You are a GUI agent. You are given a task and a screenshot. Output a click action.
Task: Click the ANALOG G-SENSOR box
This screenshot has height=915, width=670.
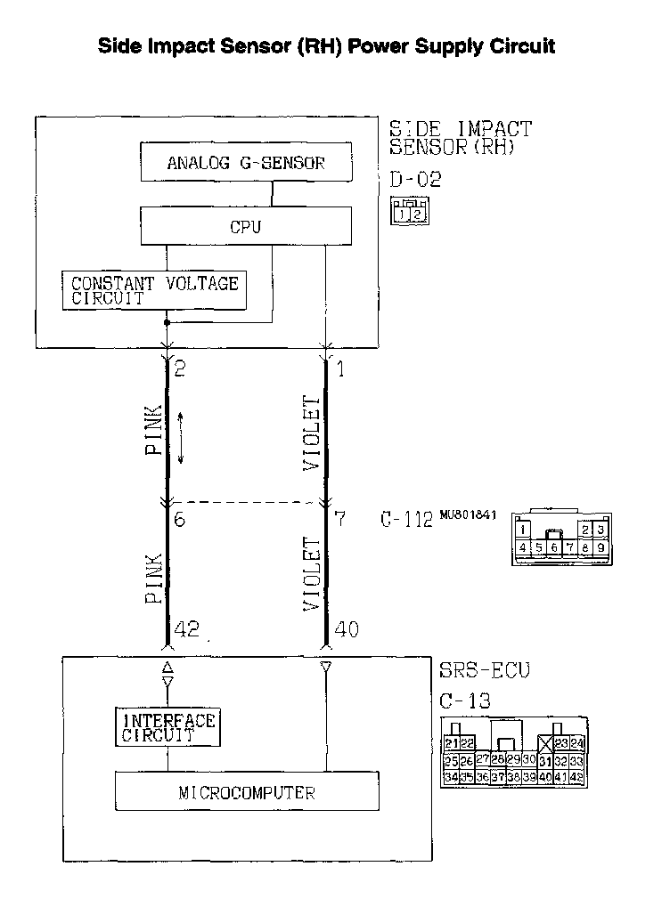click(245, 163)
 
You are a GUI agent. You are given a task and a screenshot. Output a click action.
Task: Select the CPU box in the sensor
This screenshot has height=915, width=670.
click(245, 227)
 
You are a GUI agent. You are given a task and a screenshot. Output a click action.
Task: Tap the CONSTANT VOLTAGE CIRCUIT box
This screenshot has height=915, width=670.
click(154, 290)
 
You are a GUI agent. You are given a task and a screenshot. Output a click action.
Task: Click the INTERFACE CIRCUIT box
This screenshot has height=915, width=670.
click(168, 726)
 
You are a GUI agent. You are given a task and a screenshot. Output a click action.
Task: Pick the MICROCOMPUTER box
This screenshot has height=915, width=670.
click(247, 791)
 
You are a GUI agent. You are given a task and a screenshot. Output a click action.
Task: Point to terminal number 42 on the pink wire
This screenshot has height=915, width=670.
click(186, 629)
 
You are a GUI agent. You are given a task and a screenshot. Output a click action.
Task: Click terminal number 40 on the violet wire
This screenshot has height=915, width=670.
click(346, 629)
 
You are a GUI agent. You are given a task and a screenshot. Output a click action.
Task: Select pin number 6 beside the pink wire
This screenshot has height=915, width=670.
click(180, 518)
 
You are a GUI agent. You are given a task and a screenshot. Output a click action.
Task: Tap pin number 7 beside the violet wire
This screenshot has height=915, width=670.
click(339, 518)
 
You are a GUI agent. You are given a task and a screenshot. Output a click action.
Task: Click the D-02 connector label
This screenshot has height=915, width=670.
click(415, 180)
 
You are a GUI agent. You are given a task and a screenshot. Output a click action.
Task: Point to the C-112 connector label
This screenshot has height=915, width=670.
click(406, 520)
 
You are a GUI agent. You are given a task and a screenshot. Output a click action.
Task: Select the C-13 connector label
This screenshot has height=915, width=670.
click(465, 701)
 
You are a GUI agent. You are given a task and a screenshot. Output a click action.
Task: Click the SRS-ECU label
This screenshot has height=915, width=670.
click(485, 670)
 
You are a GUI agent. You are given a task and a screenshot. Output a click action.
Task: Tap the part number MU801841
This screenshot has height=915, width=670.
click(467, 514)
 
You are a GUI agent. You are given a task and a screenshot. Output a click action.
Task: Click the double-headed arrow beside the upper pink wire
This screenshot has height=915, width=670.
click(181, 436)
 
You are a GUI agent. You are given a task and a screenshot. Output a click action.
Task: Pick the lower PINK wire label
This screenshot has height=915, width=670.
click(153, 579)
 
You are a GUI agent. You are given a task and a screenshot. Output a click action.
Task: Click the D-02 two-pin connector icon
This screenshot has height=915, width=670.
click(412, 213)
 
